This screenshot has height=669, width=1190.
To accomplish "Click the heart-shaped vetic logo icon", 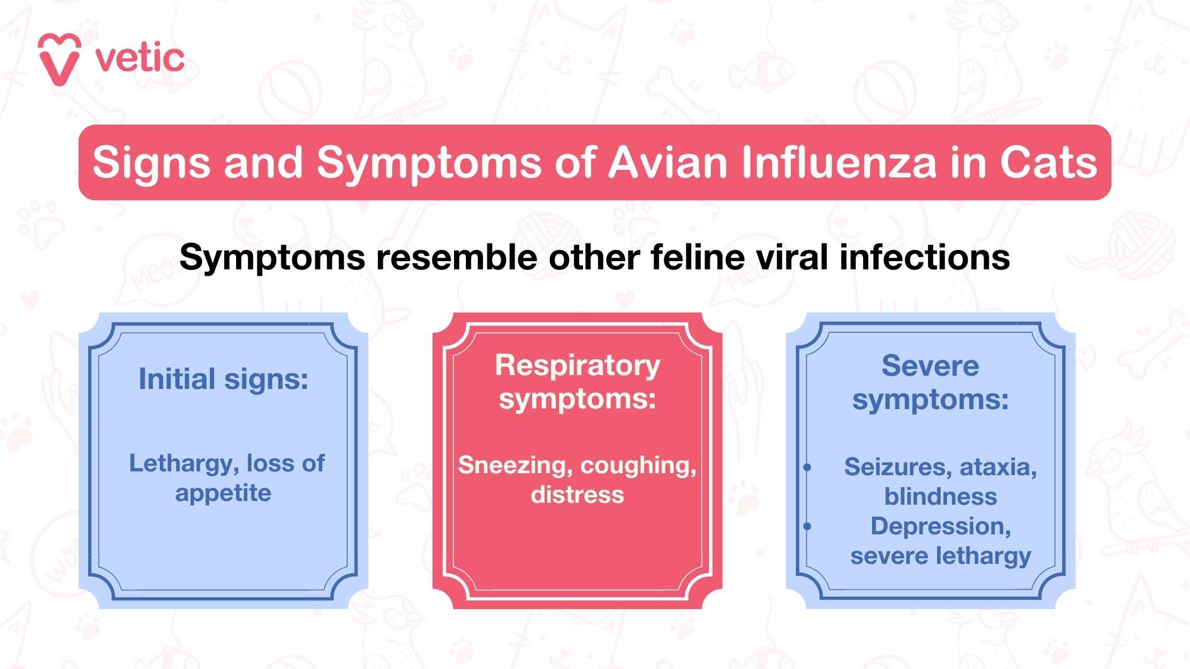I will [59, 59].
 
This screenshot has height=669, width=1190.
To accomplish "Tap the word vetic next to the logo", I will [139, 59].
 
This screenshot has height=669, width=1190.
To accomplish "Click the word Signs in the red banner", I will [150, 162].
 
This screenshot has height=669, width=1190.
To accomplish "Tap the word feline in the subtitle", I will [698, 257].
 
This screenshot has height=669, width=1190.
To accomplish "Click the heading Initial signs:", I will [224, 379].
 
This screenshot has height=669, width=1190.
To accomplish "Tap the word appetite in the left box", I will [224, 493].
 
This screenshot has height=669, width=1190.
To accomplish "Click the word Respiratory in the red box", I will [577, 366].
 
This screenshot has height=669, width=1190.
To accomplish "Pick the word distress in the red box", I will [577, 495].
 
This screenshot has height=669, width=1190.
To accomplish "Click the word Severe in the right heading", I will [930, 366].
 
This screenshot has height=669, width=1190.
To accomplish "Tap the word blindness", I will [941, 497].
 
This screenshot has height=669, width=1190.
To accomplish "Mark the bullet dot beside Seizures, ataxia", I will [807, 467].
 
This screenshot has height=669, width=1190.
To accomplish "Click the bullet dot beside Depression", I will [807, 526].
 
